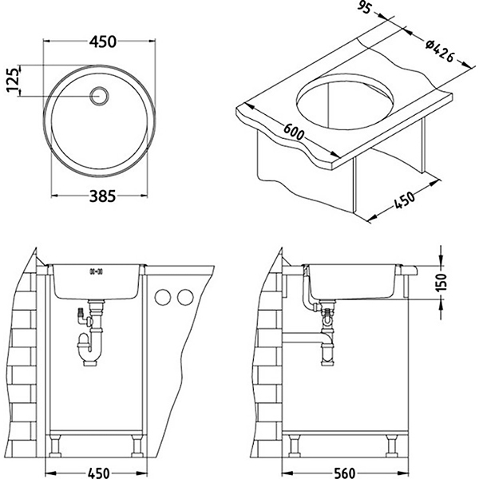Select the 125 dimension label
(x=13, y=80)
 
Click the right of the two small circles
(x=186, y=298)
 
